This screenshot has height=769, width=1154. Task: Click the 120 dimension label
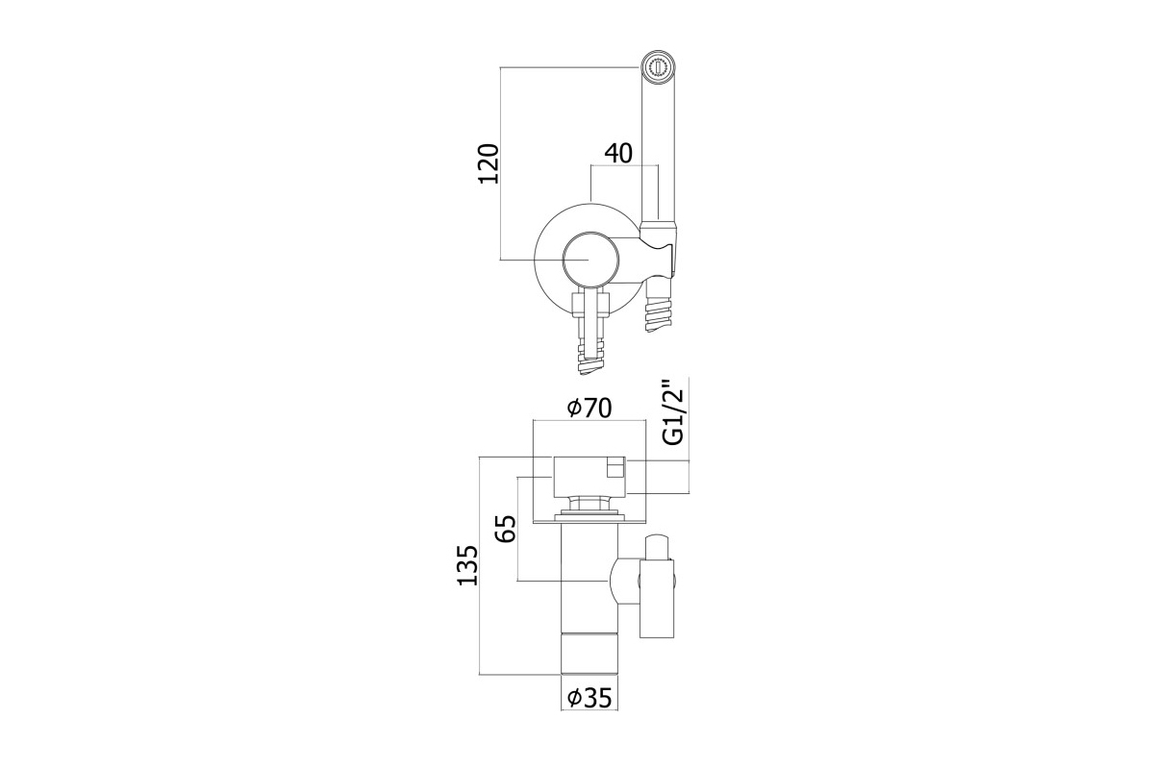[x=489, y=163]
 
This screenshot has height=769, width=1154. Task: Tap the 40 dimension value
[x=618, y=153]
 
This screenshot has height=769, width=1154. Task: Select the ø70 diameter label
[x=590, y=408]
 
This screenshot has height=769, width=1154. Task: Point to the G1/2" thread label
[x=673, y=412]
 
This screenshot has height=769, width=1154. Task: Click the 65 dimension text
[x=506, y=529]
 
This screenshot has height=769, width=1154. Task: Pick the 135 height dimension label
[x=467, y=565]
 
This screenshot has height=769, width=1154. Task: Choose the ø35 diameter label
[x=590, y=698]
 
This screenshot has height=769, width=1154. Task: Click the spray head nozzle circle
[x=658, y=67]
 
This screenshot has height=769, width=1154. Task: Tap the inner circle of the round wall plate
[x=588, y=260]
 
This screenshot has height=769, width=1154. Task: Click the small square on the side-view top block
[x=615, y=470]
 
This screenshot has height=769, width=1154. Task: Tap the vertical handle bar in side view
[x=657, y=599]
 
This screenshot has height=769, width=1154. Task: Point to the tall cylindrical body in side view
[x=590, y=587]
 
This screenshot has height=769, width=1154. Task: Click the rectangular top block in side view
[x=590, y=478]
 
